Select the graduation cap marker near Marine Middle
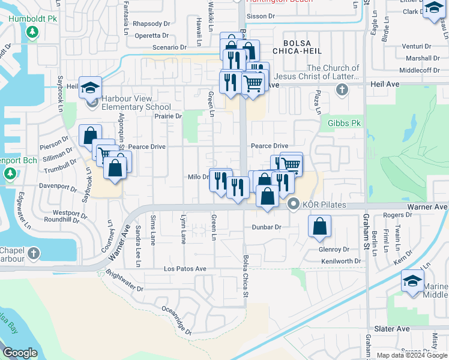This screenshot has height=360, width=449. [x=412, y=281]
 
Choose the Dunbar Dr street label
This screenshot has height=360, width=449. [x=270, y=227]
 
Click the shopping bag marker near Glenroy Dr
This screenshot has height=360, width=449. [x=321, y=227]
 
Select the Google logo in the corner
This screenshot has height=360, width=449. [x=19, y=353]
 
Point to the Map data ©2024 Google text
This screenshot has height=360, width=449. [x=411, y=355]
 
